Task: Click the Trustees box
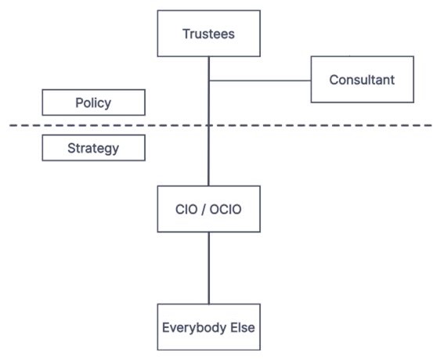[x=209, y=34]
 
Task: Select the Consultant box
[x=362, y=79]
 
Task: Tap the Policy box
[x=93, y=103]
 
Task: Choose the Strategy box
[x=93, y=148]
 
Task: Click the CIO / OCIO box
[x=209, y=209]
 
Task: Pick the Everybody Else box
[x=209, y=327]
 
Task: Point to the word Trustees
[x=209, y=34]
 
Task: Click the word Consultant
[x=362, y=80]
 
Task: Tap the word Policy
[x=93, y=103]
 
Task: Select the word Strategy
[x=93, y=148]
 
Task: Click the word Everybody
[x=194, y=328]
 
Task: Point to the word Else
[x=243, y=327]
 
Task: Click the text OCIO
[x=226, y=210]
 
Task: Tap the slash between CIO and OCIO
[x=203, y=210]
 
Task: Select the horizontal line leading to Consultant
[x=260, y=81]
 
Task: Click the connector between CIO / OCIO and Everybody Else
[x=209, y=268]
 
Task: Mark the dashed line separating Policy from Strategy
[x=220, y=125]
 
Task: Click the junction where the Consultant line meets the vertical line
[x=209, y=81]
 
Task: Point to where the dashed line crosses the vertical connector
[x=209, y=125]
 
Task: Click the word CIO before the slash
[x=186, y=210]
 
